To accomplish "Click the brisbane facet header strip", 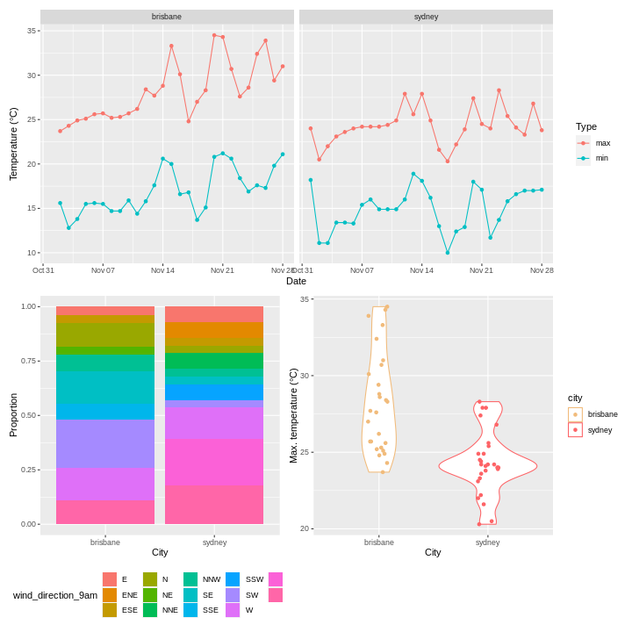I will point(167,17).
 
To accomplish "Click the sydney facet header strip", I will point(426,17).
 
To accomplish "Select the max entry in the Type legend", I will point(584,143).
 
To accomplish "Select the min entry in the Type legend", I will point(584,158).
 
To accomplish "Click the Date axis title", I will point(296,281).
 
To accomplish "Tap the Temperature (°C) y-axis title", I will point(13,144).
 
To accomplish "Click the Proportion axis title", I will point(13,415).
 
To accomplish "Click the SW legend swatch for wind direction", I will point(233,594).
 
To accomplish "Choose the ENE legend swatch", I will point(110,594).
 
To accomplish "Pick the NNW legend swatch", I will point(190,579).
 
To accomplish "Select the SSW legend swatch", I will point(233,579).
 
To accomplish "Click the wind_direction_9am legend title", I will point(55,595).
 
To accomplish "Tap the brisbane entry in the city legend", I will point(576,414).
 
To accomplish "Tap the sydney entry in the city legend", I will point(576,430).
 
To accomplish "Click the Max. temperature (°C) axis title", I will point(294,415).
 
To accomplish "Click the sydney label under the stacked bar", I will point(214,542).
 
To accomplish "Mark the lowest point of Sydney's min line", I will point(448,253).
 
